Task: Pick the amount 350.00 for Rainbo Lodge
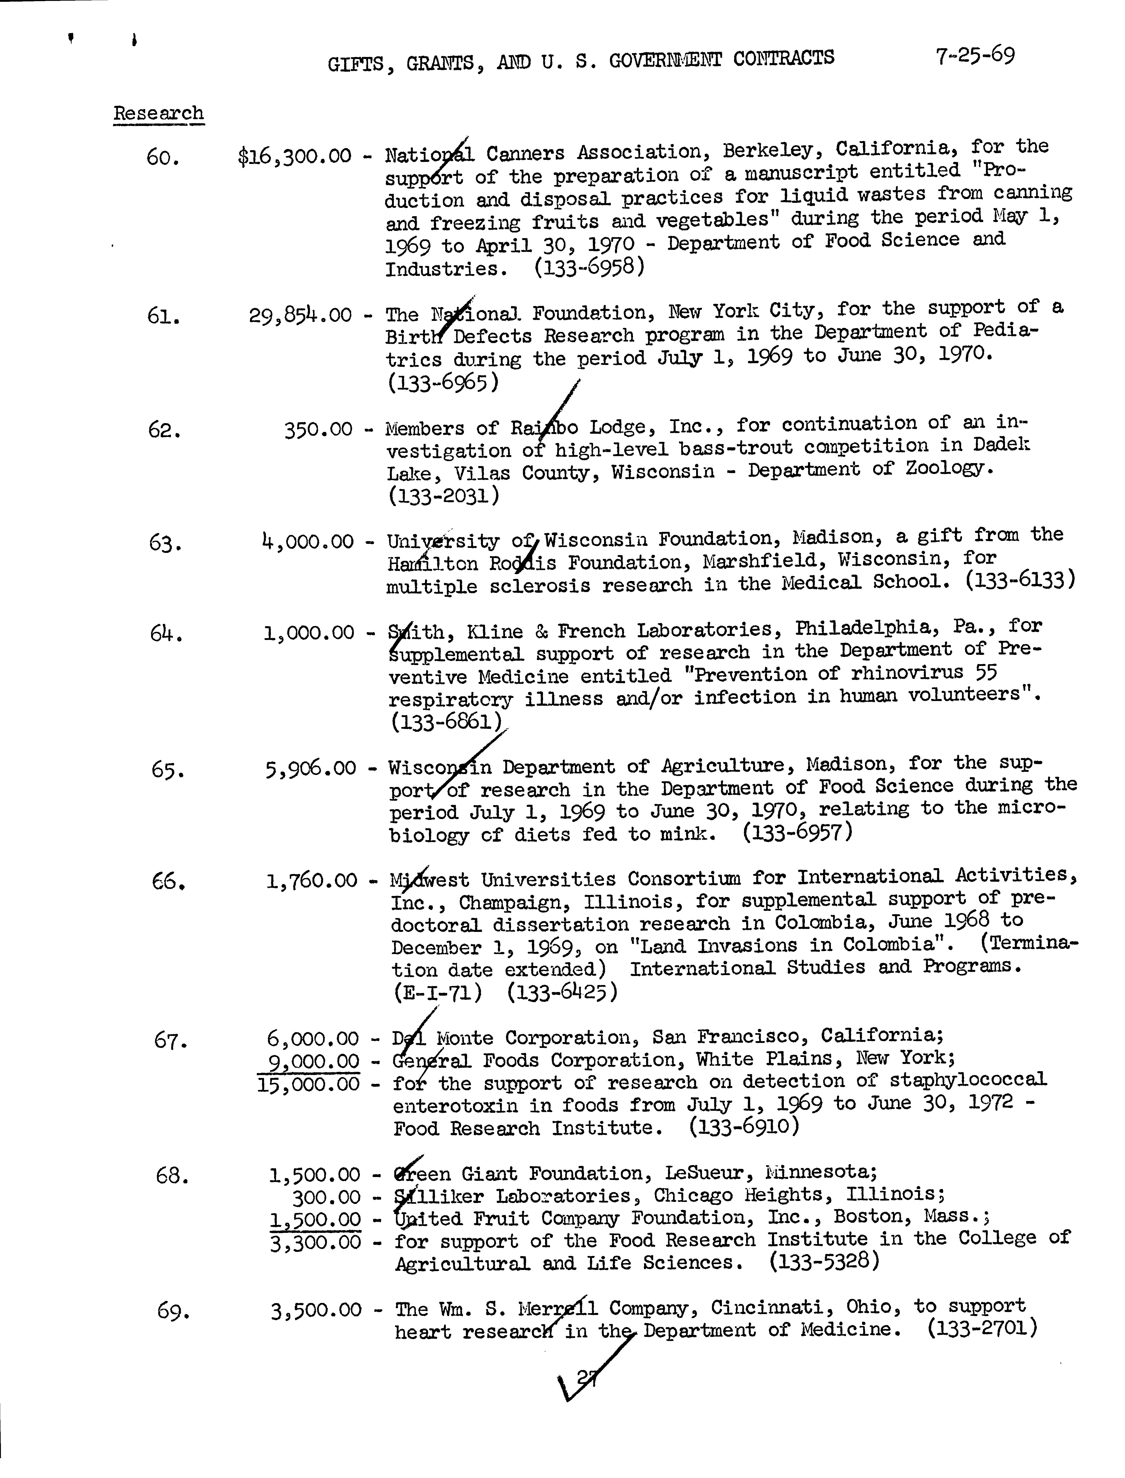[x=318, y=429]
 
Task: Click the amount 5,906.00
[x=311, y=768]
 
